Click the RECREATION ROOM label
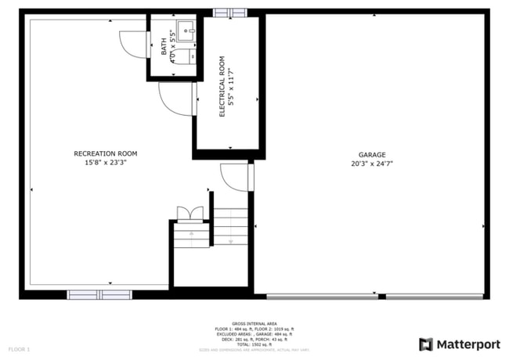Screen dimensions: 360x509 (105, 153)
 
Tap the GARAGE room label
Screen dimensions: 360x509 (372, 154)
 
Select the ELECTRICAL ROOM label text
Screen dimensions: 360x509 (222, 86)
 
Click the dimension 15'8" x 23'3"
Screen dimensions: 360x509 (105, 163)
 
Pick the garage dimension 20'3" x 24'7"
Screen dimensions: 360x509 (372, 164)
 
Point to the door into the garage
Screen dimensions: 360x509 (235, 177)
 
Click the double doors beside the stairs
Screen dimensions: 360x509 (190, 214)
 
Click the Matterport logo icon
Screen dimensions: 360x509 (426, 344)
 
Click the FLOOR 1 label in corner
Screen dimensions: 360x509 (19, 348)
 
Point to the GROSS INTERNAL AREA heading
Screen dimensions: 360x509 (254, 323)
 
